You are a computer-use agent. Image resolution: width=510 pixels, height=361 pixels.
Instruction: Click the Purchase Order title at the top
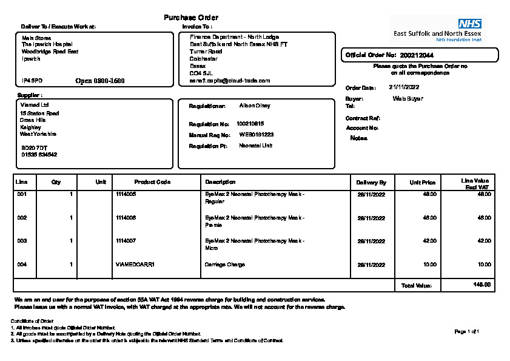(x=191, y=18)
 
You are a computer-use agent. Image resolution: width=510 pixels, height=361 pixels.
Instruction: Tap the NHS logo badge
(x=469, y=24)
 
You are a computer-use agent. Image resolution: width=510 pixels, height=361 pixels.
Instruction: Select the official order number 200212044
(x=417, y=55)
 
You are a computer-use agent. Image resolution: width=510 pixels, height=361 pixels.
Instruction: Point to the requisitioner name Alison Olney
(x=255, y=106)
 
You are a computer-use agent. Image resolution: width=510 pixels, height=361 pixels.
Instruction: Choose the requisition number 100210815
(x=250, y=124)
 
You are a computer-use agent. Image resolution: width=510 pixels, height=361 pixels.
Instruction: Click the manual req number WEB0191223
(x=256, y=135)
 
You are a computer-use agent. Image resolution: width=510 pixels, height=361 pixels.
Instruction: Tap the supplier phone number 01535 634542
(x=39, y=155)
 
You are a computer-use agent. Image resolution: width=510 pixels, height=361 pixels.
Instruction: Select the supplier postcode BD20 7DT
(x=34, y=147)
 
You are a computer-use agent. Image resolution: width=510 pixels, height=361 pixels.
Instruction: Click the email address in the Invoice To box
(x=230, y=80)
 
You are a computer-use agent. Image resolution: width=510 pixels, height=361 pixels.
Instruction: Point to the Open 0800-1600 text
(x=100, y=81)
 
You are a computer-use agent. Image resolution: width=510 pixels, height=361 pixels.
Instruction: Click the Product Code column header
(x=144, y=182)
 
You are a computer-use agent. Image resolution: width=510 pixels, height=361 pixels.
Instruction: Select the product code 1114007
(x=126, y=241)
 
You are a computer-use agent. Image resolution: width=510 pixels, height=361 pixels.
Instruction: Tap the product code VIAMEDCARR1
(x=135, y=265)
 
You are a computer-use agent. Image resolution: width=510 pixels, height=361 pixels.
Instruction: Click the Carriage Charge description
(x=224, y=265)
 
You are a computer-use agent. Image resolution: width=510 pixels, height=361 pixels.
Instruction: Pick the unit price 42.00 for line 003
(x=429, y=241)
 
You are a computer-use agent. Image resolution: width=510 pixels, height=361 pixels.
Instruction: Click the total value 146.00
(x=482, y=285)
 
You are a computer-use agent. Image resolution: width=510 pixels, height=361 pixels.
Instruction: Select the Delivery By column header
(x=371, y=182)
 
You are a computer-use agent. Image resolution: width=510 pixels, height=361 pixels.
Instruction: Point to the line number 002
(x=22, y=217)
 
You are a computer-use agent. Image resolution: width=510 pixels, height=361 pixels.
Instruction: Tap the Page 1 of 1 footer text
(x=466, y=331)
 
